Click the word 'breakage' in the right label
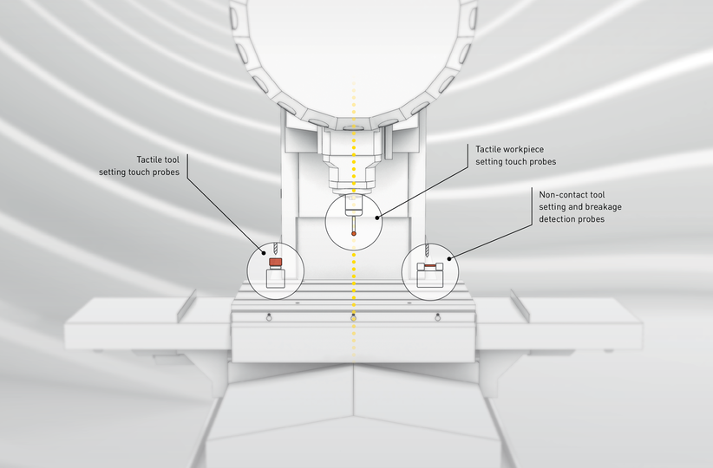pyautogui.click(x=603, y=208)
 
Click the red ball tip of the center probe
pyautogui.click(x=353, y=232)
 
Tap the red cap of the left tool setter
pyautogui.click(x=274, y=261)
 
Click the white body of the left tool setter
pyautogui.click(x=274, y=278)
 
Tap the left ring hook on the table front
pyautogui.click(x=271, y=315)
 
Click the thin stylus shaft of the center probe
pyautogui.click(x=353, y=223)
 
